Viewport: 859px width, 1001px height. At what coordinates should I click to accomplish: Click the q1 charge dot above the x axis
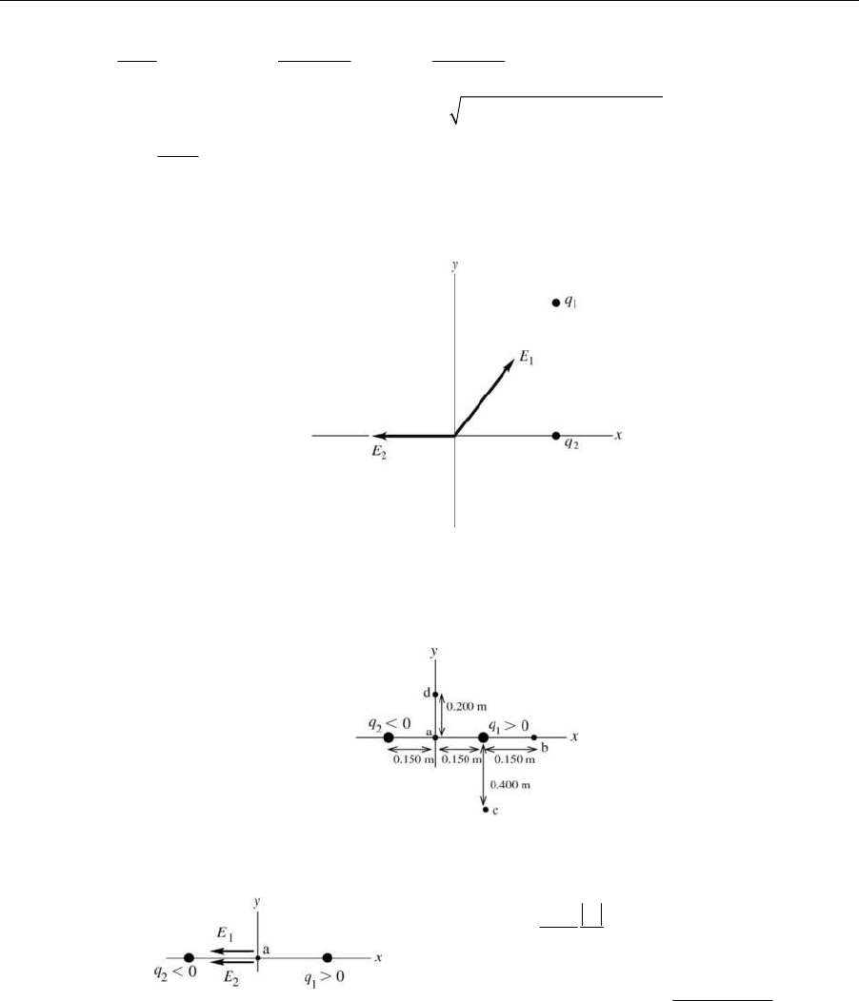pos(556,303)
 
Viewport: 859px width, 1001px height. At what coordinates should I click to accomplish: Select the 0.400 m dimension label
pos(510,785)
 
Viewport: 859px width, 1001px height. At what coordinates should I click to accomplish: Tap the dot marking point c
pos(485,810)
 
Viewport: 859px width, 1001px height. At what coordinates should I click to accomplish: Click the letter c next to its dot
pos(495,812)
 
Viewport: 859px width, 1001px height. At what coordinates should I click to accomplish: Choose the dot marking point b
pos(533,737)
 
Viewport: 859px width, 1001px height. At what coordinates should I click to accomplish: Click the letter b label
pos(544,749)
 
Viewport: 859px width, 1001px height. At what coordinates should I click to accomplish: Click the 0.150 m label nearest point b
pos(512,759)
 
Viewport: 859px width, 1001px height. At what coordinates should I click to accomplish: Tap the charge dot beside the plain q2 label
pos(556,436)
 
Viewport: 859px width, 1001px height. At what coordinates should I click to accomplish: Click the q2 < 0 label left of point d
pos(390,724)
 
